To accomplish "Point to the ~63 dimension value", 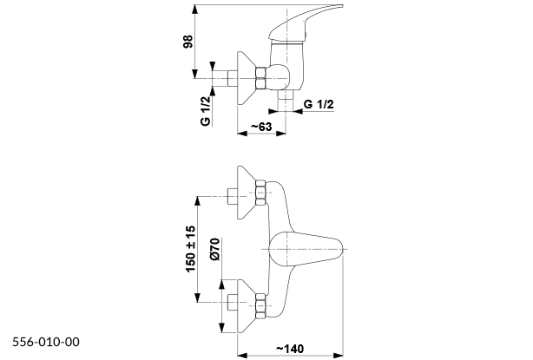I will coord(261,128).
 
